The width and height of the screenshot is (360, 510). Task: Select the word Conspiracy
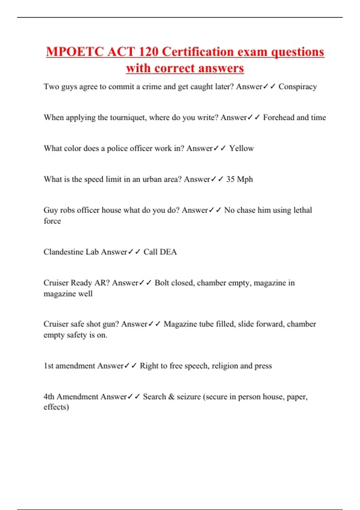pos(298,87)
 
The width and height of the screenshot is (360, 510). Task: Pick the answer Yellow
pos(241,148)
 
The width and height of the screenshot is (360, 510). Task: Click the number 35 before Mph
pos(230,179)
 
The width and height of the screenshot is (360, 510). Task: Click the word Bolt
pos(163,283)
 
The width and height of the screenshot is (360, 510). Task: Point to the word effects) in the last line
pos(56,407)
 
